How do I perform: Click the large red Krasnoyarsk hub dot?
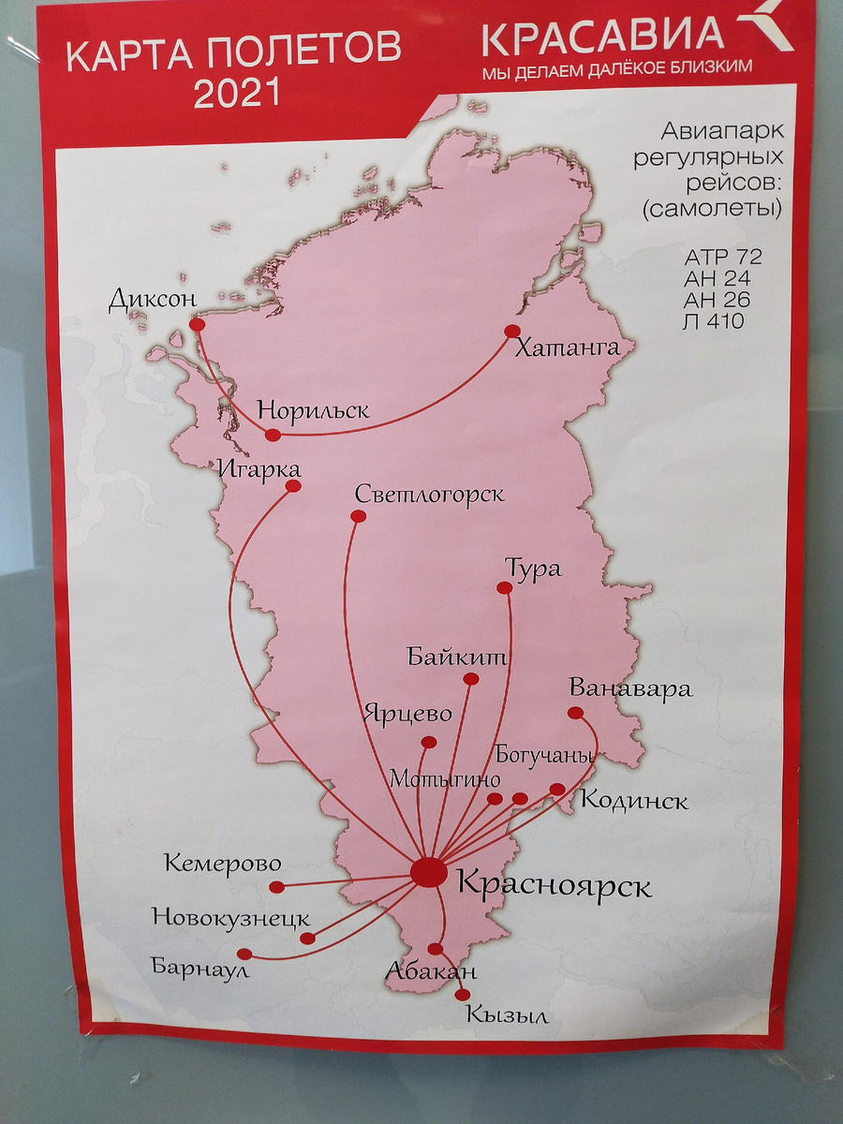tap(429, 871)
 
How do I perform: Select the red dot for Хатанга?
tap(511, 331)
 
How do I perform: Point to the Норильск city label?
tap(313, 410)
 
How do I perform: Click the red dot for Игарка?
tap(293, 486)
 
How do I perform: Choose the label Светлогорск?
tap(430, 494)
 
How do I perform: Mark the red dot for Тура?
tap(505, 588)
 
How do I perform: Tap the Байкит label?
tap(457, 656)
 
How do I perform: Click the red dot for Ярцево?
tap(429, 743)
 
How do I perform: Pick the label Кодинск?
tap(634, 801)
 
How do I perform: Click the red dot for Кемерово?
tap(276, 887)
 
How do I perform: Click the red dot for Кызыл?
tap(463, 995)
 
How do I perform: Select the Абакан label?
tap(431, 972)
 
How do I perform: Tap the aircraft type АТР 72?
tap(724, 257)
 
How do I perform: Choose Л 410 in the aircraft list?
tap(715, 321)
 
